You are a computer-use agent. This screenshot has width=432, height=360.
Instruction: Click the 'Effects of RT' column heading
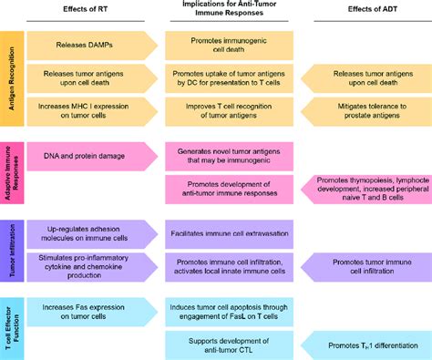(x=83, y=12)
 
